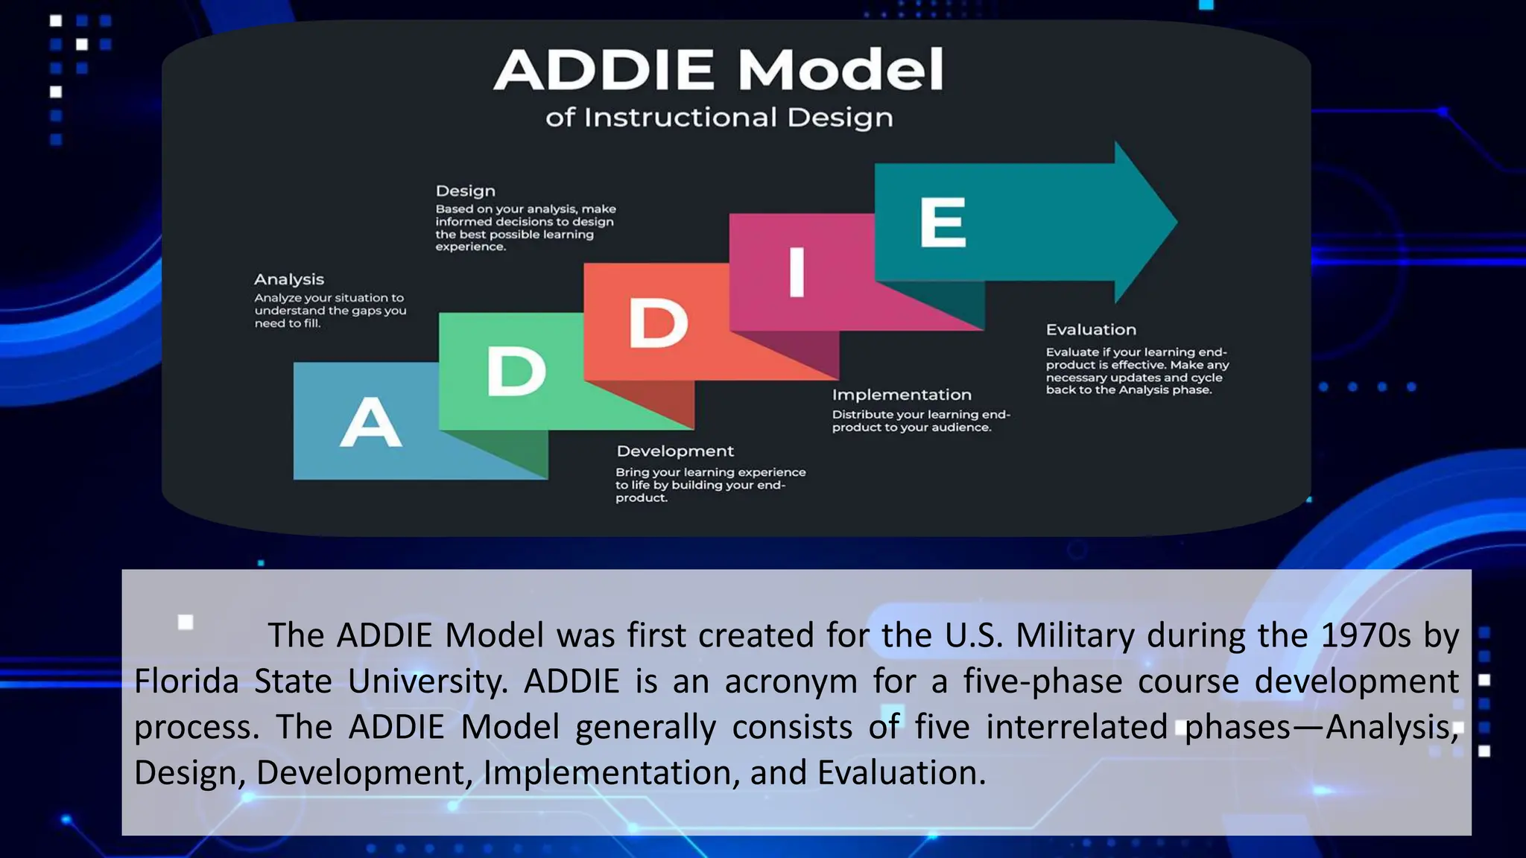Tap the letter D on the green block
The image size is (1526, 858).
click(x=516, y=372)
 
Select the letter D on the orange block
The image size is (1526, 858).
click(x=658, y=322)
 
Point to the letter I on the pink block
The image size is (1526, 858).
click(x=797, y=272)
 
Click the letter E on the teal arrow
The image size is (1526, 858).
click(x=943, y=222)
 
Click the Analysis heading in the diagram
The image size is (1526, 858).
click(x=288, y=279)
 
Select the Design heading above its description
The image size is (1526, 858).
click(x=465, y=191)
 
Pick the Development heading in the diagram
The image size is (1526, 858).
click(x=674, y=451)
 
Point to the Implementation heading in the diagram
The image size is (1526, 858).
click(x=901, y=395)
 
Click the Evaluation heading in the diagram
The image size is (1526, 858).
click(x=1090, y=329)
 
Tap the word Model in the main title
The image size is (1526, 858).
click(x=840, y=70)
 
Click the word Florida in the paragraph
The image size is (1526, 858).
click(x=186, y=681)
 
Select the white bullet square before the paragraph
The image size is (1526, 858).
click(x=186, y=622)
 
